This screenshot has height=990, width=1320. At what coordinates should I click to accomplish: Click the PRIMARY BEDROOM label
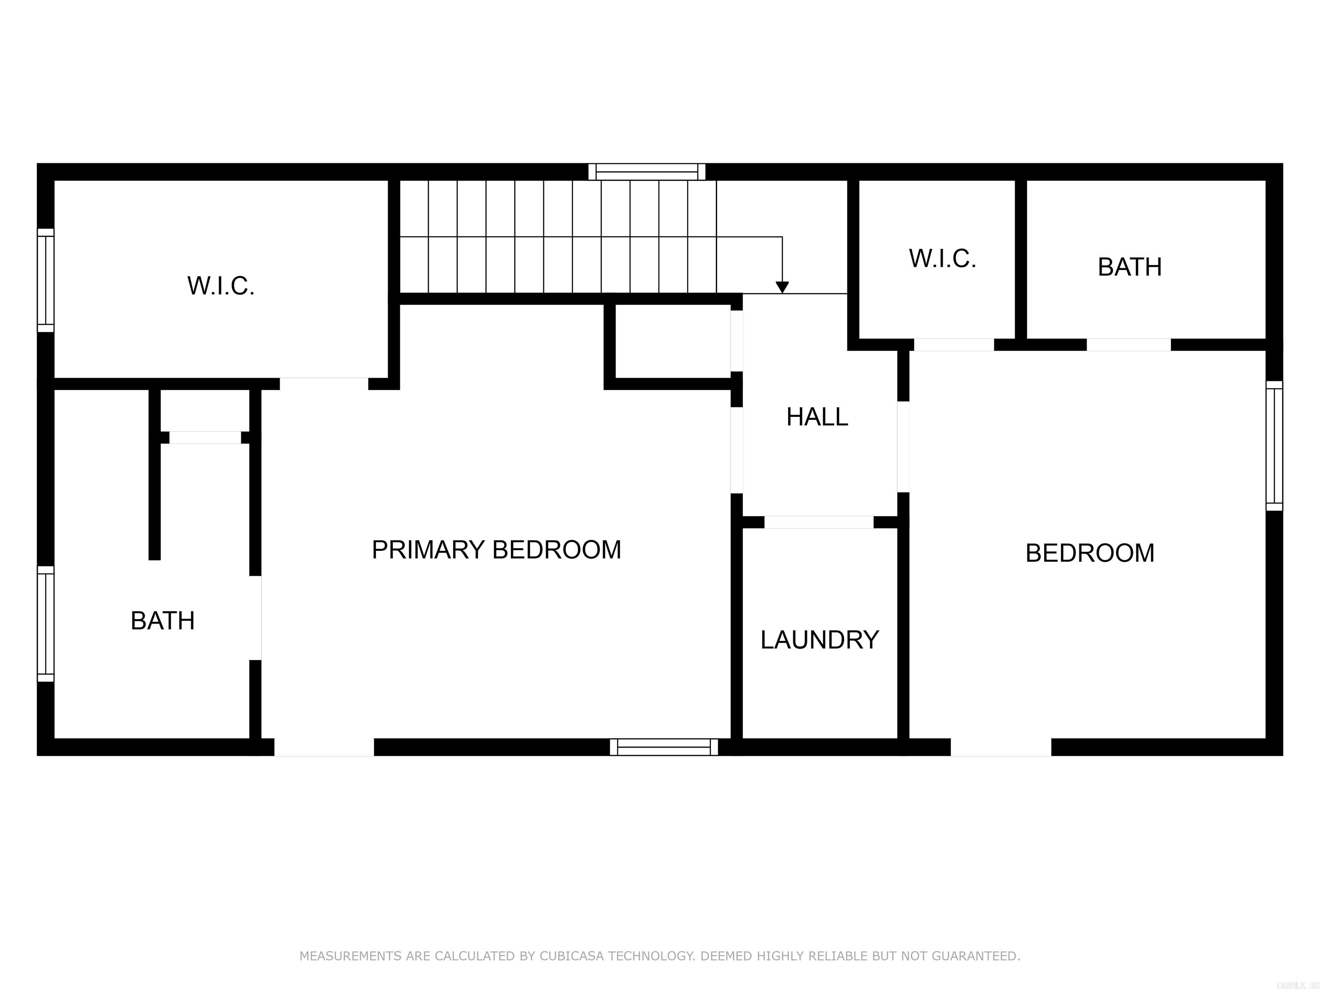point(496,550)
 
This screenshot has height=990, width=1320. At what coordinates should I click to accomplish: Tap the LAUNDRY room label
point(819,640)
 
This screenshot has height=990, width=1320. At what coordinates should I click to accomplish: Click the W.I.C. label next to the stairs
point(942,258)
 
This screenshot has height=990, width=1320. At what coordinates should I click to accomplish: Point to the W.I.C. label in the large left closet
point(221,286)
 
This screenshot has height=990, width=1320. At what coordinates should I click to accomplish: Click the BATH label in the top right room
point(1130,267)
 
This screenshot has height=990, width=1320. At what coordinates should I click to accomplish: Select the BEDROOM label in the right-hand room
point(1090,553)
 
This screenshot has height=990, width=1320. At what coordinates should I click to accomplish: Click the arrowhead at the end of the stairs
point(782,287)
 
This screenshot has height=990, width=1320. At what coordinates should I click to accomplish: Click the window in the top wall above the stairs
point(647,172)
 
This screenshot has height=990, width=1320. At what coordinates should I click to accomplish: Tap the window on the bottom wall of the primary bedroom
point(663,747)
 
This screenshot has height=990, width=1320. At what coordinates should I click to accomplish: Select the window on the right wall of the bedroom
point(1274,446)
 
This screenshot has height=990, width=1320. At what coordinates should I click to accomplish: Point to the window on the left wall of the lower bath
point(46,623)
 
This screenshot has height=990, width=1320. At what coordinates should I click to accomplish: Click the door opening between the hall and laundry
point(819,522)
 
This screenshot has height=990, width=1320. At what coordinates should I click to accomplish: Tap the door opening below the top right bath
point(1128,345)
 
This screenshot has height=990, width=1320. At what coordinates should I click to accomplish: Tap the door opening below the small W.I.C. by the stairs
point(953,345)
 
